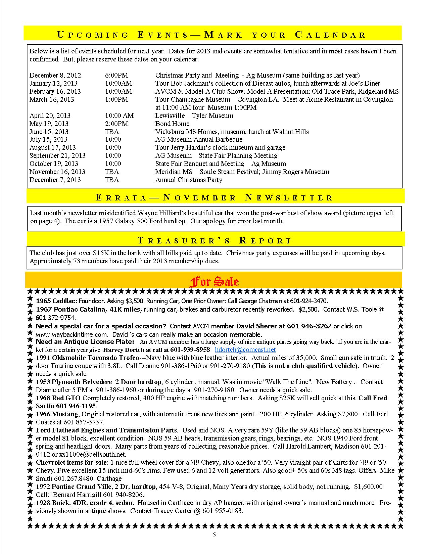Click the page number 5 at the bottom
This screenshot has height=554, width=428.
pyautogui.click(x=214, y=535)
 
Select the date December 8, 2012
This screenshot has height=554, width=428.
pyautogui.click(x=55, y=75)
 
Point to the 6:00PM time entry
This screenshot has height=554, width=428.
pyautogui.click(x=116, y=75)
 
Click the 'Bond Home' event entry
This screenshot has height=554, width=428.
pyautogui.click(x=172, y=124)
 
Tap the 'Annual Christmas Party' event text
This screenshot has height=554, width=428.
pyautogui.click(x=189, y=180)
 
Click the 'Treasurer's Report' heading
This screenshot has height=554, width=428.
pyautogui.click(x=215, y=240)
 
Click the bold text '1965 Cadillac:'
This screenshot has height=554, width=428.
pyautogui.click(x=57, y=301)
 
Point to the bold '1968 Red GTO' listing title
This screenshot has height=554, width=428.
pyautogui.click(x=58, y=398)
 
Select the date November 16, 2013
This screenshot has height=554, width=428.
pyautogui.click(x=57, y=172)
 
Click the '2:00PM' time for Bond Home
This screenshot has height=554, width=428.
pyautogui.click(x=116, y=124)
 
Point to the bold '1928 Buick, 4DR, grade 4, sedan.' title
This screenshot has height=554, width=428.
pyautogui.click(x=85, y=503)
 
